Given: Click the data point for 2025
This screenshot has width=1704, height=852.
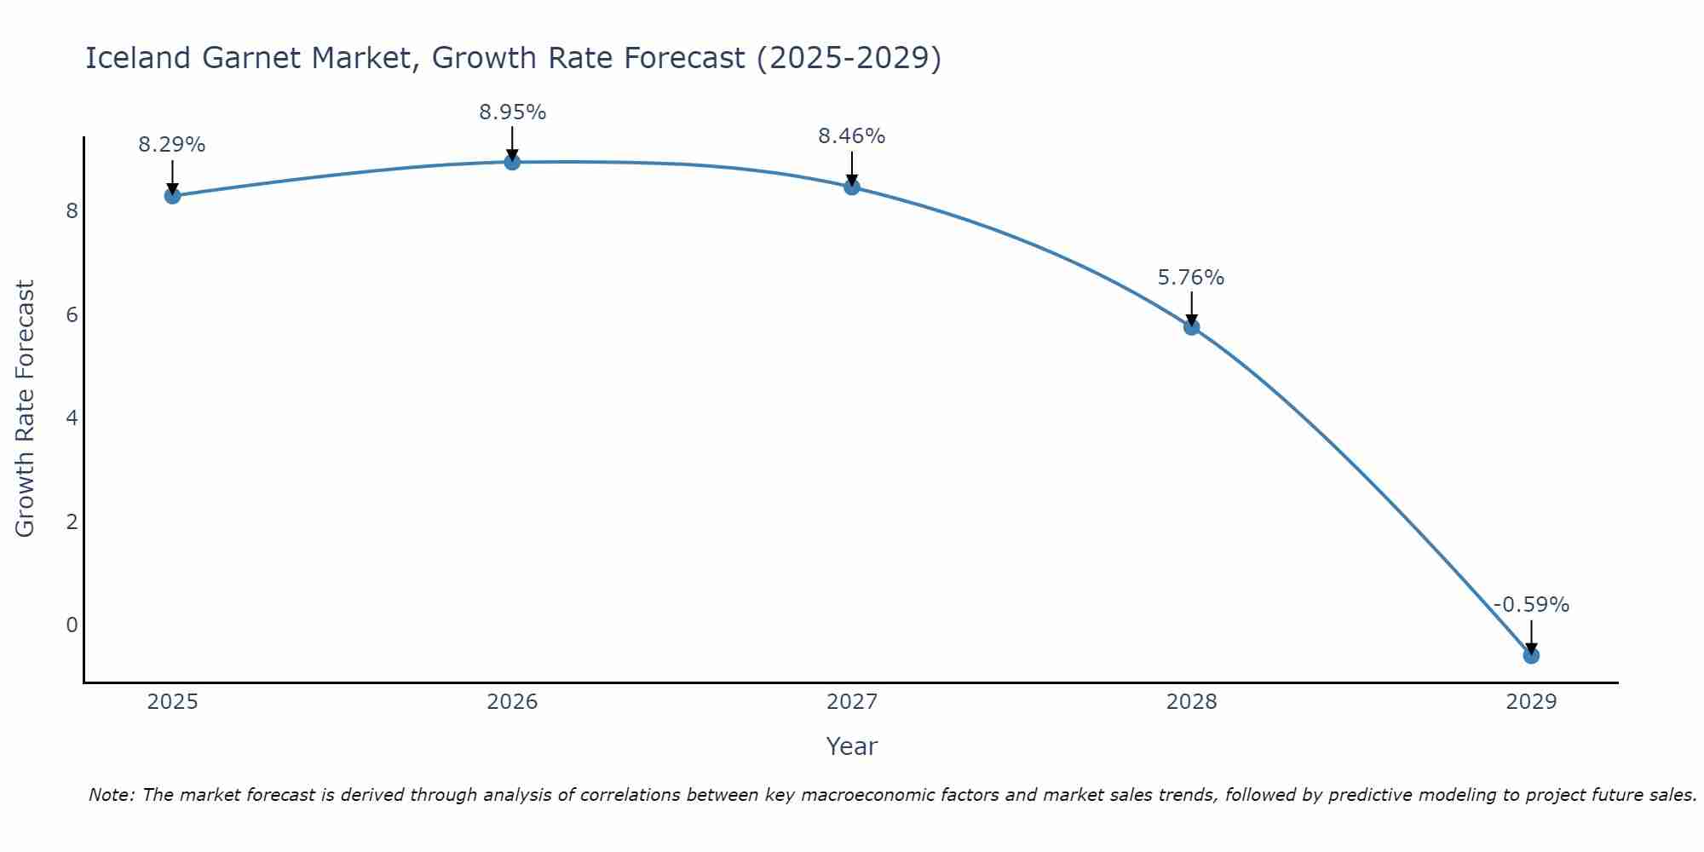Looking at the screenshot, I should (x=172, y=196).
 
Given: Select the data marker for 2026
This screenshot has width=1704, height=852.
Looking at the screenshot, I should (x=512, y=162).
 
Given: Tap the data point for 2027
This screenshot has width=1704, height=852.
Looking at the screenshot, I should (x=852, y=187).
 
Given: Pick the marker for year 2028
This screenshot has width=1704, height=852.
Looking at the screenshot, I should (x=1191, y=326).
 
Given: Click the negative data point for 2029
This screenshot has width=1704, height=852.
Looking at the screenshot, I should (x=1531, y=655).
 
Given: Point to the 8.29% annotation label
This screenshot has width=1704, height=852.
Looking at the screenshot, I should (x=172, y=145).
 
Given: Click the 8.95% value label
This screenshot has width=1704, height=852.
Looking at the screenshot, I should (x=512, y=112).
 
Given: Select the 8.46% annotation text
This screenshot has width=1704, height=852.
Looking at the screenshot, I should (x=852, y=136).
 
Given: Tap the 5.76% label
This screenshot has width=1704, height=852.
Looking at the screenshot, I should (x=1191, y=278).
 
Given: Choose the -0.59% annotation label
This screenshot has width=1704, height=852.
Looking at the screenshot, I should (x=1531, y=605).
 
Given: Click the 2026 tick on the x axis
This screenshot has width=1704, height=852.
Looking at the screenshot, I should (x=512, y=702).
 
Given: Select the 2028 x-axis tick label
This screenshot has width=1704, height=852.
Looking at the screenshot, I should (x=1191, y=702).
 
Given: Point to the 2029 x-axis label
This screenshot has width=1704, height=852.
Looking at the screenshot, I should (x=1531, y=702).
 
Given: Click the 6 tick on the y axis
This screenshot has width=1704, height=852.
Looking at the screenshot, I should (x=72, y=314).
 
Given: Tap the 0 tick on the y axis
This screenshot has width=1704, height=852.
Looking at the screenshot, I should (x=72, y=625).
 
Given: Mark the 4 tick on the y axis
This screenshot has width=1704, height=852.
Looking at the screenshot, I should (x=72, y=417).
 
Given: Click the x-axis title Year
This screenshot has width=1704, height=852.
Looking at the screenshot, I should (x=852, y=746).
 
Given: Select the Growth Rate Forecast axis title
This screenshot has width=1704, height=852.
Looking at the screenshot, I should (x=26, y=409).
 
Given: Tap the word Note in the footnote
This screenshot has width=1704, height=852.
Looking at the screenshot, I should (x=110, y=795).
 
